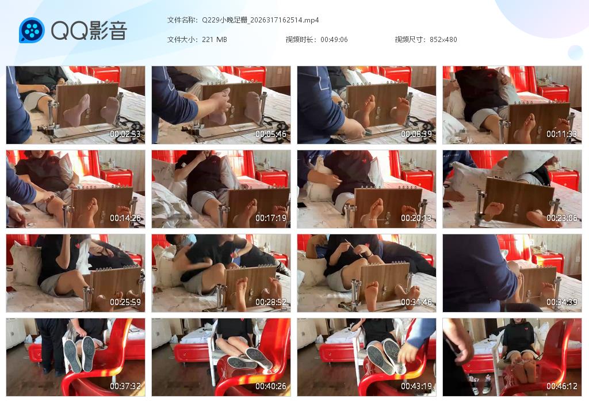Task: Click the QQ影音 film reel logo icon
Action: point(32,30)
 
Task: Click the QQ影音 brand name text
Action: point(89,30)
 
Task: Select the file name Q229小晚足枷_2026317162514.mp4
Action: point(260,20)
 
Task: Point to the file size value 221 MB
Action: point(215,40)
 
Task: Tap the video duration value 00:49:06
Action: point(334,40)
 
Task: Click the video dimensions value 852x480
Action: point(443,40)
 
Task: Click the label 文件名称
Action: point(182,20)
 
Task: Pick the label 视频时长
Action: point(301,40)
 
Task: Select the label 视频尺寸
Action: point(410,40)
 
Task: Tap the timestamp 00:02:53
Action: point(125,134)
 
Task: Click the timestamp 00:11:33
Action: point(561,134)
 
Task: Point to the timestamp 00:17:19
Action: point(271,218)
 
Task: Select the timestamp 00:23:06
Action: point(561,218)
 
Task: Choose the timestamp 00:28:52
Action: point(271,302)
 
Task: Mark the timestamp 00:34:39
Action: point(561,302)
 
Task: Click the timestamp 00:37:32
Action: point(125,386)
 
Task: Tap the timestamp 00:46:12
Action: point(561,386)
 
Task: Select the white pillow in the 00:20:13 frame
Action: point(316,187)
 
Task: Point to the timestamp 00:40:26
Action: point(271,386)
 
